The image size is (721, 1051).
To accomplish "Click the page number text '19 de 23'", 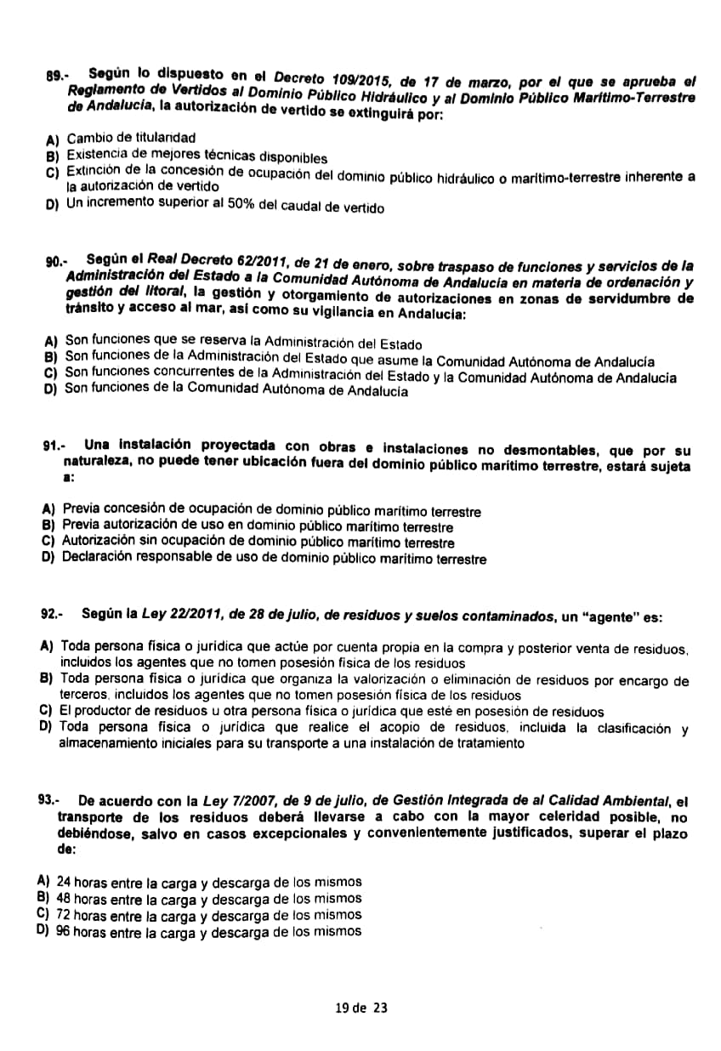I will pyautogui.click(x=361, y=1008).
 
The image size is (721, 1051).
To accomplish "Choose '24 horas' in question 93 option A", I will pyautogui.click(x=80, y=882).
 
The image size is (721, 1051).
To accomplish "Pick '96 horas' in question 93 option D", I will pyautogui.click(x=80, y=931).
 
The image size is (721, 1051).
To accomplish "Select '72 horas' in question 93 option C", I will pyautogui.click(x=80, y=915).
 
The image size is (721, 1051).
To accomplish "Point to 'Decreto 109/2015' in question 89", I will pyautogui.click(x=336, y=81).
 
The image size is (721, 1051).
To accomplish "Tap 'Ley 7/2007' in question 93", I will pyautogui.click(x=234, y=801).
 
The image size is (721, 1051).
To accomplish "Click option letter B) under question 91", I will pyautogui.click(x=48, y=526).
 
